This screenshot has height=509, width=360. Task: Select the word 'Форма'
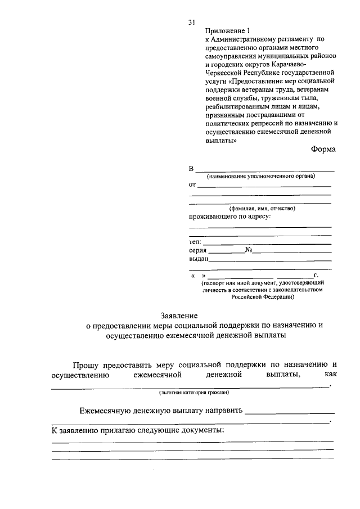click(323, 149)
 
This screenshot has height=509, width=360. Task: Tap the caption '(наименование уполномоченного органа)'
click(260, 176)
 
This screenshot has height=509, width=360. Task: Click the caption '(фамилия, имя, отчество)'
click(258, 208)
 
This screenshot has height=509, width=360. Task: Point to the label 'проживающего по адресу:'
click(230, 217)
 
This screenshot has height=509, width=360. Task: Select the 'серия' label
click(198, 250)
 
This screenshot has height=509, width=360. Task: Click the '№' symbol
click(248, 250)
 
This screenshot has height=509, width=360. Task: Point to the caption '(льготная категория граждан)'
click(190, 392)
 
